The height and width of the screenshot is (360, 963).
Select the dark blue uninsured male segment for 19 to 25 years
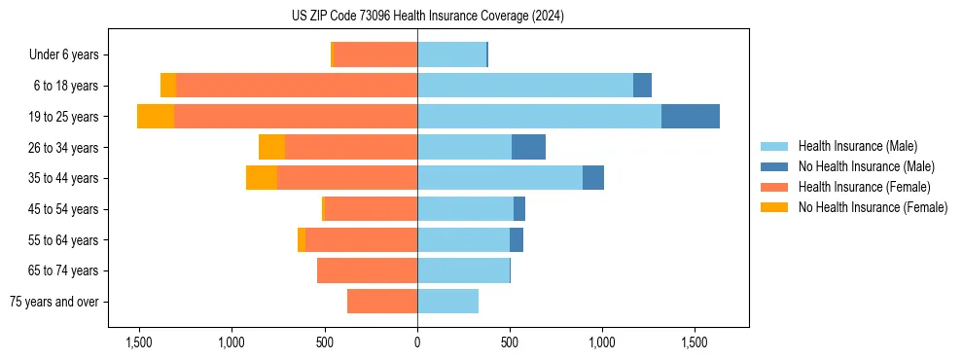tap(690, 117)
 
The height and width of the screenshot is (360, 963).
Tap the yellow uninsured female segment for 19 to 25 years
tap(156, 117)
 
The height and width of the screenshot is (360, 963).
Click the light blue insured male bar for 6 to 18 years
tap(525, 86)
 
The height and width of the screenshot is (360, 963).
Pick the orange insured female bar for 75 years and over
tap(382, 302)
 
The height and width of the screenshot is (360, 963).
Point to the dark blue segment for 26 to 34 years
tap(528, 147)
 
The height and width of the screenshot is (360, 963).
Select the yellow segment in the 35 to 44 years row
tap(262, 178)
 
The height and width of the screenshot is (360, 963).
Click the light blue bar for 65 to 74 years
tap(463, 270)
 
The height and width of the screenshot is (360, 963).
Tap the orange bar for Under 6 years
tap(375, 54)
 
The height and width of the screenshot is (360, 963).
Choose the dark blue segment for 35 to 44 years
tap(593, 178)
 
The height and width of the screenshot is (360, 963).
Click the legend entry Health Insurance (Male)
tap(857, 146)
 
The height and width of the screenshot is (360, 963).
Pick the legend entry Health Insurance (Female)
tap(864, 187)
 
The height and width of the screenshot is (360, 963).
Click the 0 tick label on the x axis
tap(417, 342)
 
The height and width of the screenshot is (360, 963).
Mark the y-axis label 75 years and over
tap(53, 302)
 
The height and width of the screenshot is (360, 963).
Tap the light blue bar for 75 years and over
tap(447, 302)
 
